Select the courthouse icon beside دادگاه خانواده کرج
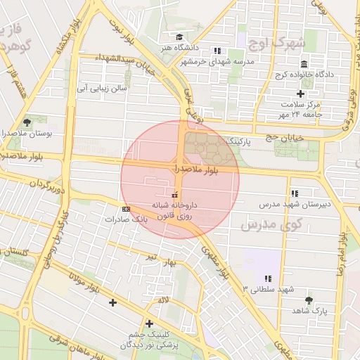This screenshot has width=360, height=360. (304, 64)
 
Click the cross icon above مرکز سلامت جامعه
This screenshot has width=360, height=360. (301, 94)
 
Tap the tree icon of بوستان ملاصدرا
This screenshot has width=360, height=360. (27, 122)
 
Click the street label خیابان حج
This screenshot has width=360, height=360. (278, 136)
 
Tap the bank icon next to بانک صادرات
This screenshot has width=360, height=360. (126, 209)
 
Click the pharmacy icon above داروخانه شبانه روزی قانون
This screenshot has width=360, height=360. (174, 195)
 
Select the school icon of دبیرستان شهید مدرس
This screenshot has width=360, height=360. (294, 193)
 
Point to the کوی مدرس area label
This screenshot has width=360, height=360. (270, 224)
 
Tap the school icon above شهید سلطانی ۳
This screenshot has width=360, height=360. (268, 278)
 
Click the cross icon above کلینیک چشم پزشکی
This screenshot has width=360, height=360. (149, 323)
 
